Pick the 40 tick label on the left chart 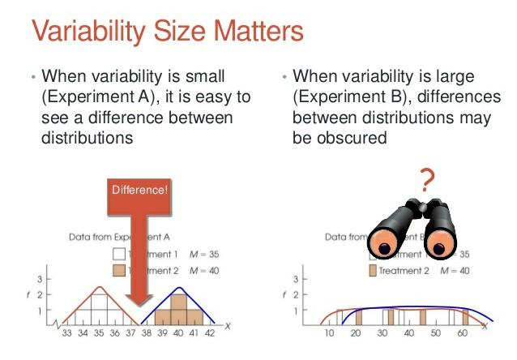[x=177, y=332]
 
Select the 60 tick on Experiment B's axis [x=463, y=333]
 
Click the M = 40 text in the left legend [x=206, y=270]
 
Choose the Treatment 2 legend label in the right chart [x=401, y=270]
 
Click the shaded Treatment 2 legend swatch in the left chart [x=117, y=270]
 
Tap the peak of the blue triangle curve [x=177, y=287]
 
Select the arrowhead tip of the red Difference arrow [x=139, y=309]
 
